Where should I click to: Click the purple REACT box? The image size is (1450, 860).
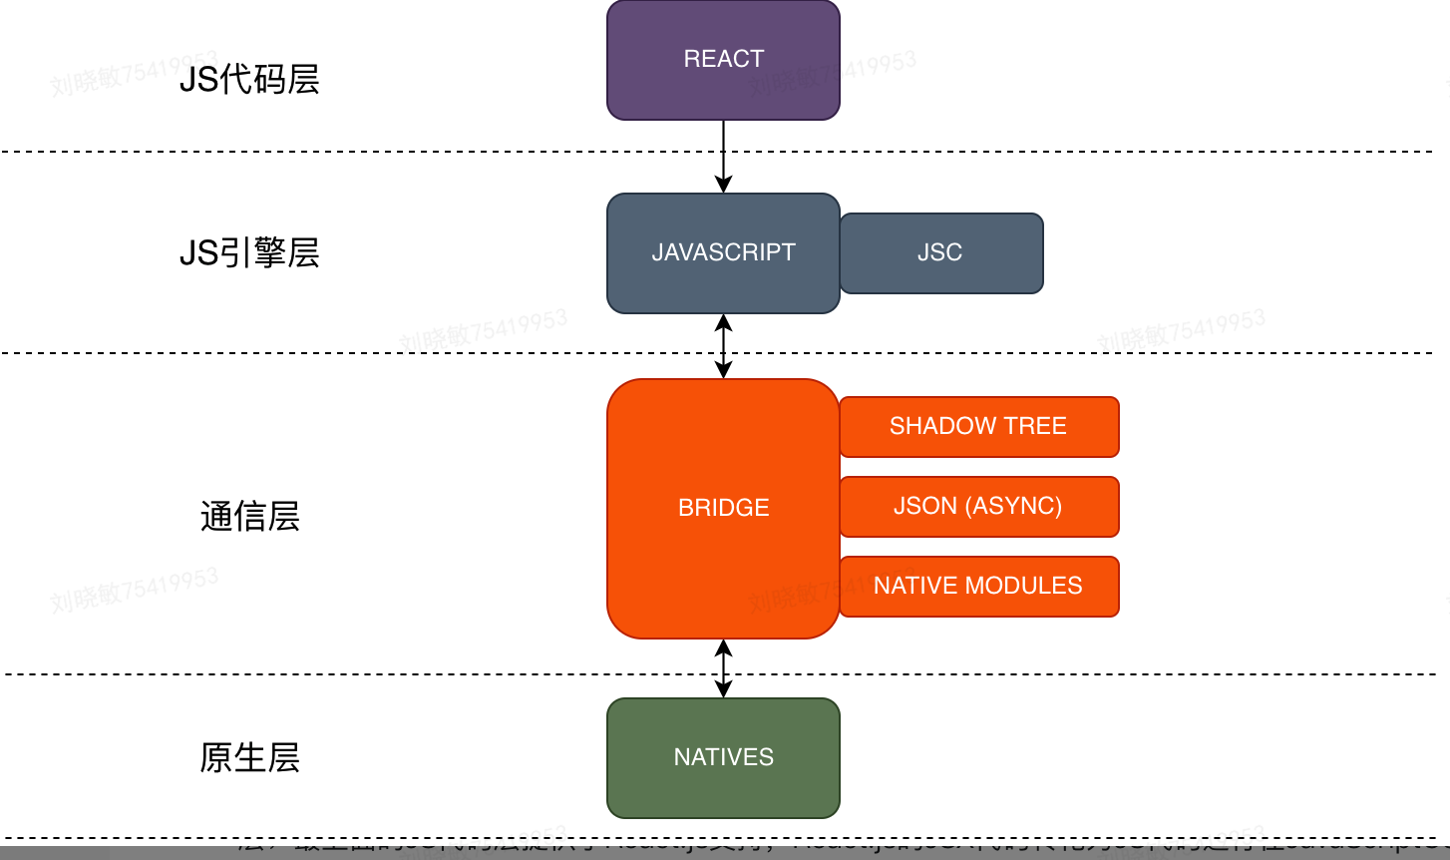click(x=723, y=60)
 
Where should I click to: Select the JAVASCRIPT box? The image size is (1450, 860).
click(x=723, y=253)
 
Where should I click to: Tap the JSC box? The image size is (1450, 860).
click(x=940, y=253)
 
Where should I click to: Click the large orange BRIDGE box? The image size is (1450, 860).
click(x=723, y=508)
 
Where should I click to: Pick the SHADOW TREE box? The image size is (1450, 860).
click(x=978, y=427)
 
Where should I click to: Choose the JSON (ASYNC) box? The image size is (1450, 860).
click(x=978, y=507)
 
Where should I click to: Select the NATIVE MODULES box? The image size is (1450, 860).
click(x=978, y=587)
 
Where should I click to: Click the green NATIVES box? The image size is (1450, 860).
click(x=723, y=757)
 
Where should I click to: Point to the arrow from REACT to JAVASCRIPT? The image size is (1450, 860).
click(x=723, y=156)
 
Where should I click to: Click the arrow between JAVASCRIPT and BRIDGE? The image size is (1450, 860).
click(x=723, y=346)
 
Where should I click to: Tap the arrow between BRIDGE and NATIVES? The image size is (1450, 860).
click(x=723, y=668)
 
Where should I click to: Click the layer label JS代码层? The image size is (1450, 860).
click(x=249, y=80)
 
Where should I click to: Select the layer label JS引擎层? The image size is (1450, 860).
click(x=249, y=253)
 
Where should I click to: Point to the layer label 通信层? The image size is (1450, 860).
click(x=249, y=517)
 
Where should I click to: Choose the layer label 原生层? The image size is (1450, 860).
click(x=249, y=758)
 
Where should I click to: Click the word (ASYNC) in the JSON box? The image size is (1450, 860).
click(x=1013, y=507)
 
